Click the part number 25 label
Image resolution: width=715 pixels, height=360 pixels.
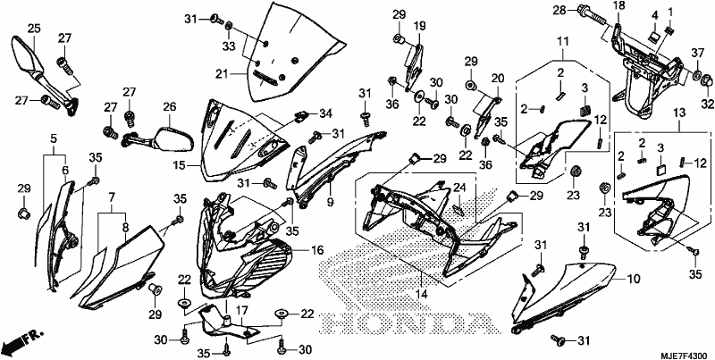[x=34, y=29]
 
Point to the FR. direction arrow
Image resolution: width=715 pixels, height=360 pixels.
[x=23, y=339]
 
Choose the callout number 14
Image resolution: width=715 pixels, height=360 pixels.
[x=421, y=295]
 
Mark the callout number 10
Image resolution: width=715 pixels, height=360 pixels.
[x=634, y=278]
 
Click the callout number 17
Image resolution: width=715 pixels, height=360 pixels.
[x=241, y=311]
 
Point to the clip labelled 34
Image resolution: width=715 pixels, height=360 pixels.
[x=299, y=118]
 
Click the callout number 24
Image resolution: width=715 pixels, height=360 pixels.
[x=459, y=188]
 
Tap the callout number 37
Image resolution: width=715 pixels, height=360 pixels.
[x=697, y=54]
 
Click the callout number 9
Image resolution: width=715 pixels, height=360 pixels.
[x=329, y=201]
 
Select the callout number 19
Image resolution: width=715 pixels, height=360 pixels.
[x=419, y=25]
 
